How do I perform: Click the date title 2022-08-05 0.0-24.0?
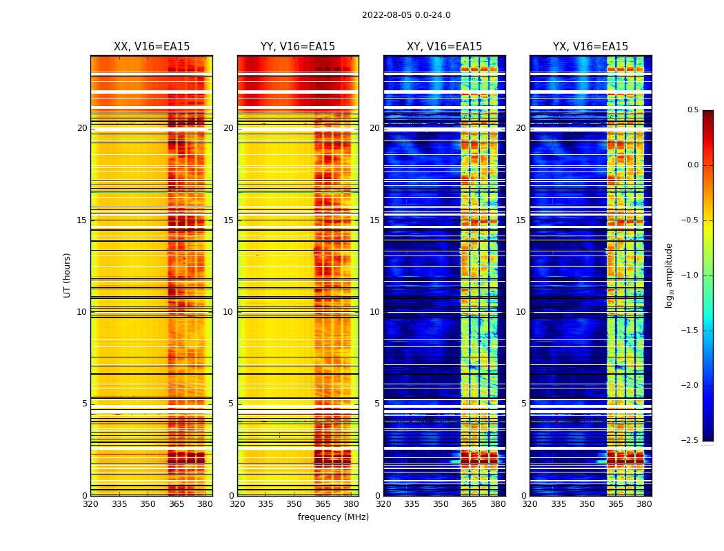point(406,15)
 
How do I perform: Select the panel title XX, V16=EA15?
point(152,47)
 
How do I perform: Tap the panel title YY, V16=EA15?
point(298,47)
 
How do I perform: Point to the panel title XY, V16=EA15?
point(444,47)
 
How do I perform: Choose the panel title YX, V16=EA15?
point(590,47)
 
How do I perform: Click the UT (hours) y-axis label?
point(67,275)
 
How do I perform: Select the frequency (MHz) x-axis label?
point(333,517)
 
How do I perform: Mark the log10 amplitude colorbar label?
point(669,275)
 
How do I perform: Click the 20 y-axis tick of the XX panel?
point(82,128)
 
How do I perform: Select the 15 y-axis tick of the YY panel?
point(228,220)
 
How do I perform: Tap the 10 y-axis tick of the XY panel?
point(374,312)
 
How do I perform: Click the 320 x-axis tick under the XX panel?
point(90,504)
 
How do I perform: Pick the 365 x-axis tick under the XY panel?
point(469,504)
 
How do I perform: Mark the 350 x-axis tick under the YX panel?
point(587,504)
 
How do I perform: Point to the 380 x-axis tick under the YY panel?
point(351,504)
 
